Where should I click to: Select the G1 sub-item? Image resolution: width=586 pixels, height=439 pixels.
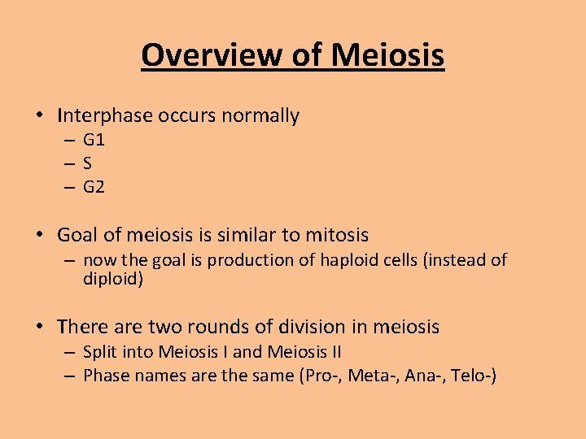point(94,140)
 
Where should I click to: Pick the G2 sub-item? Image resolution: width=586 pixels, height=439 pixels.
point(94,187)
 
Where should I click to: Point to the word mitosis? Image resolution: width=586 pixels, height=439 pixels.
point(336,236)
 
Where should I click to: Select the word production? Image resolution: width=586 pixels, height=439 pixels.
point(282,260)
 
